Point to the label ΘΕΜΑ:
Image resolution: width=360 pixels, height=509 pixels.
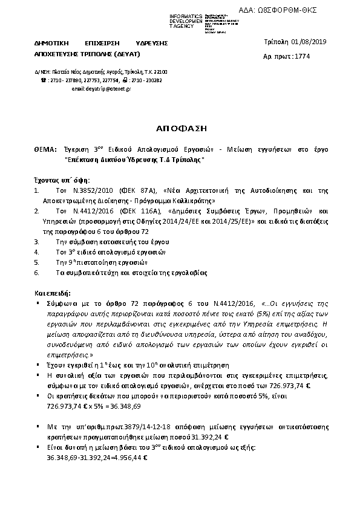pyautogui.click(x=44, y=148)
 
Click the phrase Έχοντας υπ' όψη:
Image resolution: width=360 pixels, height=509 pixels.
pyautogui.click(x=62, y=180)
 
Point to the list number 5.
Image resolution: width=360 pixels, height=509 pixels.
pyautogui.click(x=37, y=262)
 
